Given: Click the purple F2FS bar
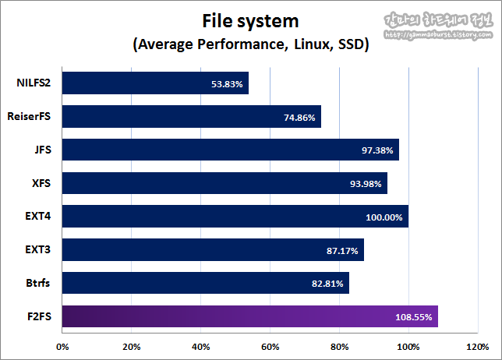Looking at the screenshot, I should pos(249,316).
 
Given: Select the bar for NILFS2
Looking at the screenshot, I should pos(154,83).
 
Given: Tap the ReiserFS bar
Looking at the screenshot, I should pos(191,117).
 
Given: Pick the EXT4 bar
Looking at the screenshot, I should pos(235,217).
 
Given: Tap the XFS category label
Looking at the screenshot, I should pos(41,183).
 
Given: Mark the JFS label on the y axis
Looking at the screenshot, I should pos(42,150).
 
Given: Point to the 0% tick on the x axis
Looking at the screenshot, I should pos(62,346).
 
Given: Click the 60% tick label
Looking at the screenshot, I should pos(270,346).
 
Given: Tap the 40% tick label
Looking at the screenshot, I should pos(200,346).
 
